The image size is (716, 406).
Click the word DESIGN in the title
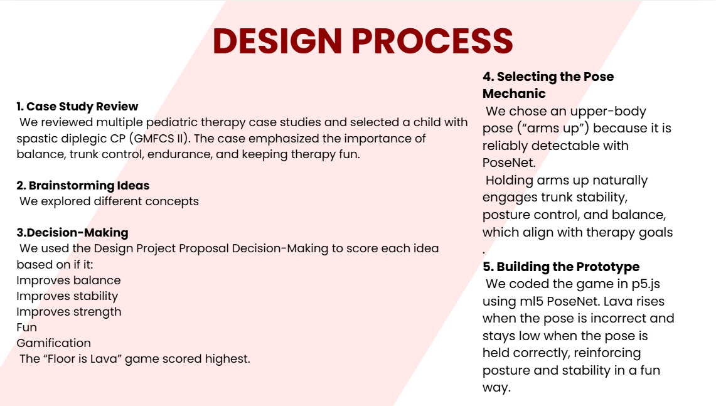277,41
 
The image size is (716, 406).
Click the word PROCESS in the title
432,41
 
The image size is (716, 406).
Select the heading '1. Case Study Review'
77,107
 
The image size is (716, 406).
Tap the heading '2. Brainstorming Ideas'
83,185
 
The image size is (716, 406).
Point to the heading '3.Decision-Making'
73,232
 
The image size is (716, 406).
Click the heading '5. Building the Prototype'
561,267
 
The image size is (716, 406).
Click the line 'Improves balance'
68,280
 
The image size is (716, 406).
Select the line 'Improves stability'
67,296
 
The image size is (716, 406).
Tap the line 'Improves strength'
69,311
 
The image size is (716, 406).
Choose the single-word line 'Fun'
26,328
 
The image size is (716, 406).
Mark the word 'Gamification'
53,343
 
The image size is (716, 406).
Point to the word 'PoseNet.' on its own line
509,163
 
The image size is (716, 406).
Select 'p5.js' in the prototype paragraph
646,284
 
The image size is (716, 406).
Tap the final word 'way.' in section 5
497,388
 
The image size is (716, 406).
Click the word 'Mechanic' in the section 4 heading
514,93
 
